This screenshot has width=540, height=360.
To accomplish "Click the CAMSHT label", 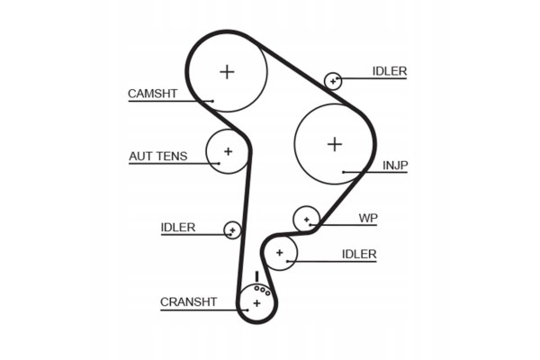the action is point(152,94).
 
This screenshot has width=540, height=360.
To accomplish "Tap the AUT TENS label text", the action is point(158,157).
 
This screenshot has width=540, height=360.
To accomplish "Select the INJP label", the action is point(395,166).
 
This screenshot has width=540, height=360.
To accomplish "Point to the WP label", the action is point(368,218).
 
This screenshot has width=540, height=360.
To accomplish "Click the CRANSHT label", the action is point(188,302).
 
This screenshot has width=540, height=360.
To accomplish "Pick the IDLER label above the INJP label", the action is point(390,71).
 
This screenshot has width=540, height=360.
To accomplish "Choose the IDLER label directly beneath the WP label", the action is point(359,254).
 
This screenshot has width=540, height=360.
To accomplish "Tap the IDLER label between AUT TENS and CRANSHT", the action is point(178,228).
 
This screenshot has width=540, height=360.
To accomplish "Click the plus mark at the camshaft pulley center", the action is point(227,72).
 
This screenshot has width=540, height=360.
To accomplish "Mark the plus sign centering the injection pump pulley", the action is point(335,144).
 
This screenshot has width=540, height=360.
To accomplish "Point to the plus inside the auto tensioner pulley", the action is point(228,151).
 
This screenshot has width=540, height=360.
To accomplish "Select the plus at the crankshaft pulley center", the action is point(256,303).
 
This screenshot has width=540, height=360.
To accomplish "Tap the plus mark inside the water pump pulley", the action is point(307,220).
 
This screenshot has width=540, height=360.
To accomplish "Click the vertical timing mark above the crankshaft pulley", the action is point(256,277).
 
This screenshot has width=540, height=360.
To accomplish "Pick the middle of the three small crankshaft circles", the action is point(263,291).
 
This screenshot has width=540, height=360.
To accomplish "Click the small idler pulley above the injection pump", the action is point(333,81).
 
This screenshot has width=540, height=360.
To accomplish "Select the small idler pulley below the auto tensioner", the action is point(232,230).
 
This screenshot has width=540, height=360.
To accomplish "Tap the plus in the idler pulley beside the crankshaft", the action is point(279,253).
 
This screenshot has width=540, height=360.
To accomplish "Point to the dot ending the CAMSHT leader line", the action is point(212,101).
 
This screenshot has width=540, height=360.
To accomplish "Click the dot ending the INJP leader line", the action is point(344,172).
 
